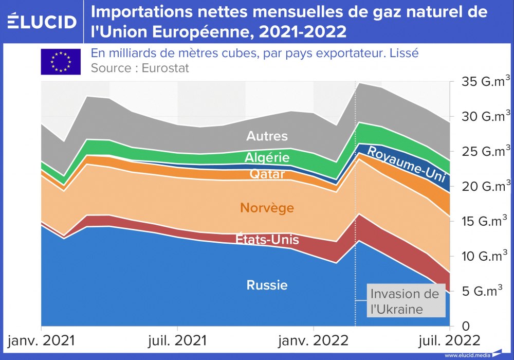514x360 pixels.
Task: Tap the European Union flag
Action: (x=61, y=62)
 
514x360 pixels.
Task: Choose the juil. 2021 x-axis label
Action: (x=177, y=340)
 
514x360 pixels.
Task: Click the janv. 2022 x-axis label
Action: (x=314, y=340)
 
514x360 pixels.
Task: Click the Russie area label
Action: (x=267, y=285)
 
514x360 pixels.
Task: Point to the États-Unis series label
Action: (x=267, y=239)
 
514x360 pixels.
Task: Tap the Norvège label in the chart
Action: (x=267, y=208)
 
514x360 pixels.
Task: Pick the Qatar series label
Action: (x=267, y=174)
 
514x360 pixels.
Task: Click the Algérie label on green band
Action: (x=267, y=157)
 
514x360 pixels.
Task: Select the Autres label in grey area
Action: (x=267, y=136)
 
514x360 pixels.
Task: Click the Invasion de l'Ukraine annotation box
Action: (x=405, y=301)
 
